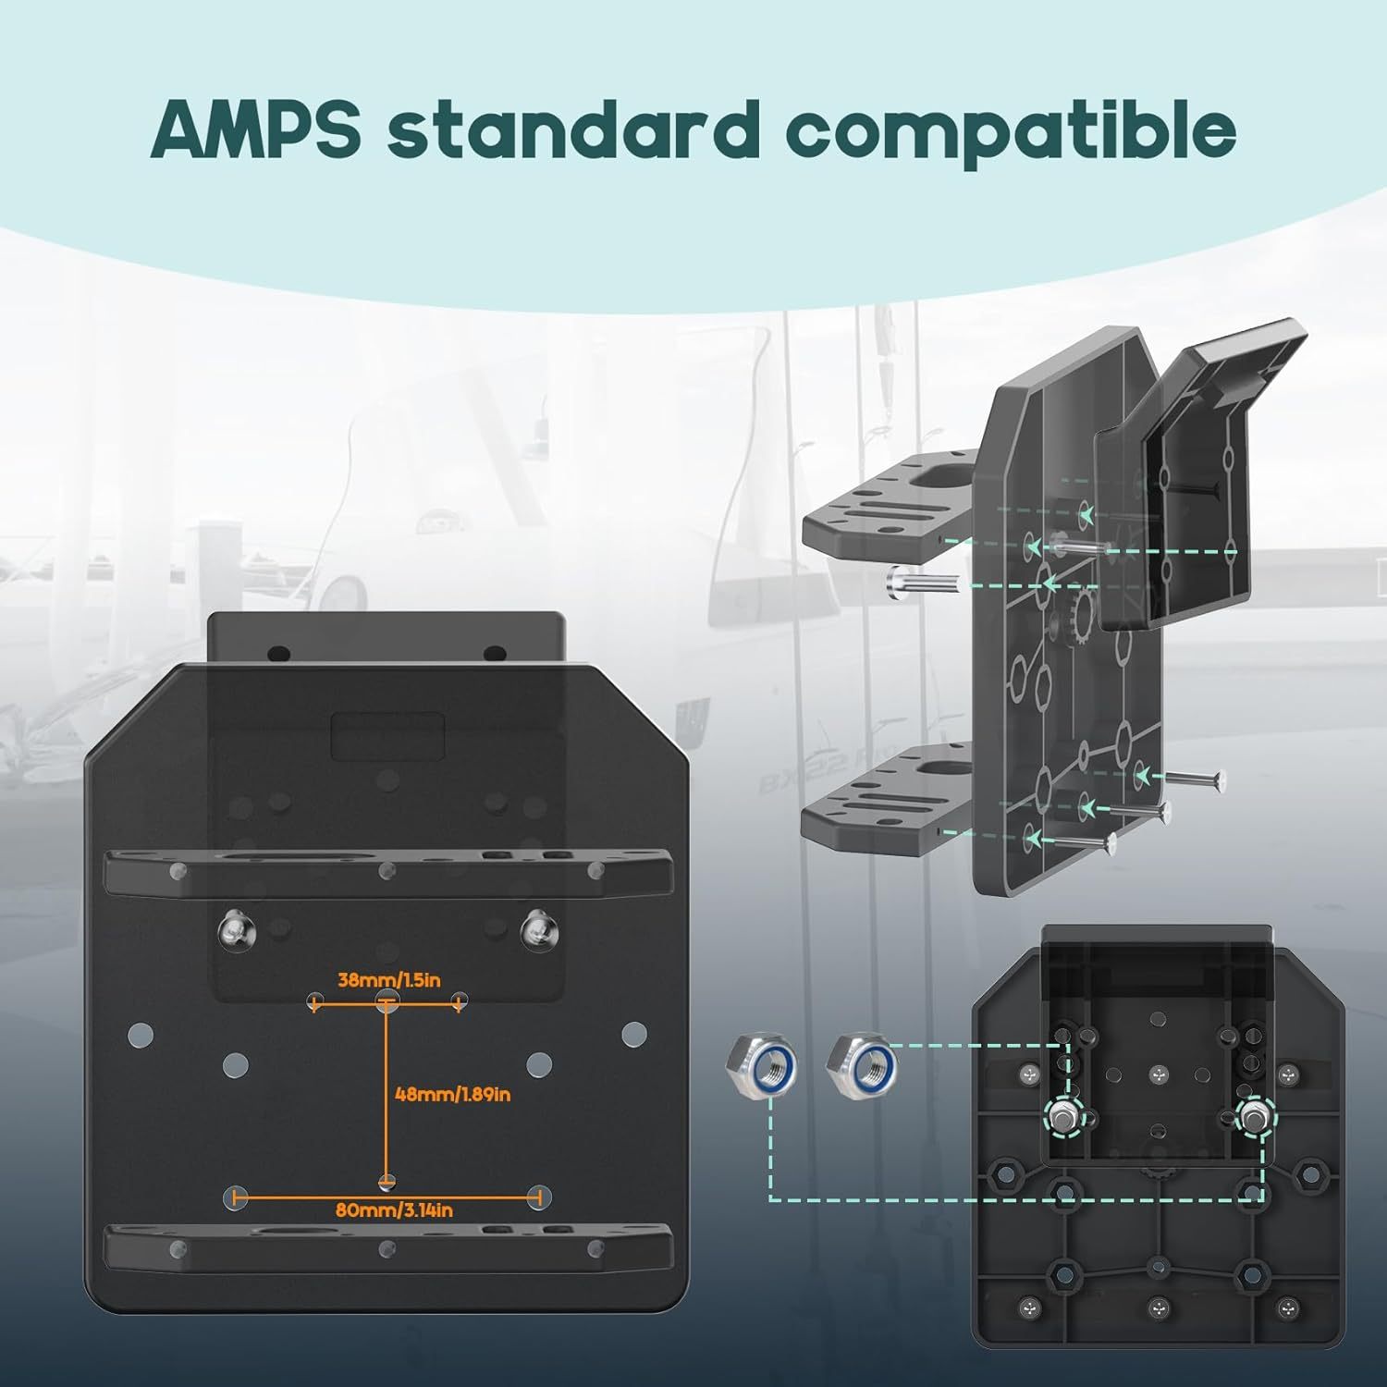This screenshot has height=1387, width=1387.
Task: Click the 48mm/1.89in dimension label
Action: tap(453, 1095)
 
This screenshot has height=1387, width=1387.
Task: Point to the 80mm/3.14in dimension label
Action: tap(395, 1210)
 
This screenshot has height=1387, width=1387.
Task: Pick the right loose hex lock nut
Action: tap(862, 1064)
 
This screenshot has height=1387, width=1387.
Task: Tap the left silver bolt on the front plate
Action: tap(235, 929)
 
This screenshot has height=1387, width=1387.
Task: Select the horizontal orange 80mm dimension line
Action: tap(387, 1198)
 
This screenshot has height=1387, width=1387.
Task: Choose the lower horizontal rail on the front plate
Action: tap(388, 1248)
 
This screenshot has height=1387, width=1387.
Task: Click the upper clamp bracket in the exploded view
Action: tap(890, 513)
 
